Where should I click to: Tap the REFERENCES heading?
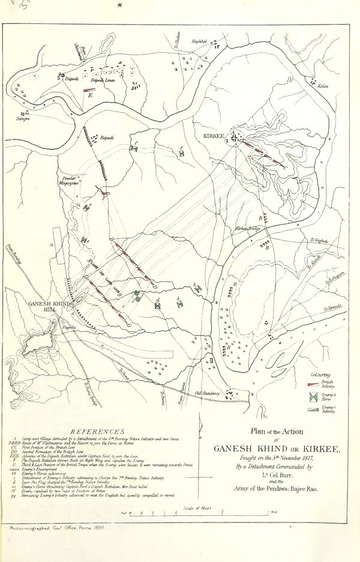pyautogui.click(x=98, y=431)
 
